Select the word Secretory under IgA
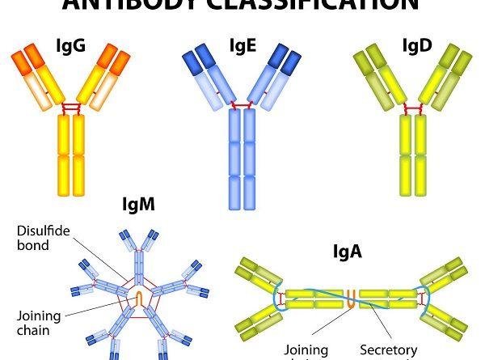pos(389,349)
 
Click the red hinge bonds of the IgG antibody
pos(71,107)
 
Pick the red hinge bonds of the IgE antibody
pos(242,104)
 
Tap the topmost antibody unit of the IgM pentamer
pos(139,248)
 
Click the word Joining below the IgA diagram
pos(307,349)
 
